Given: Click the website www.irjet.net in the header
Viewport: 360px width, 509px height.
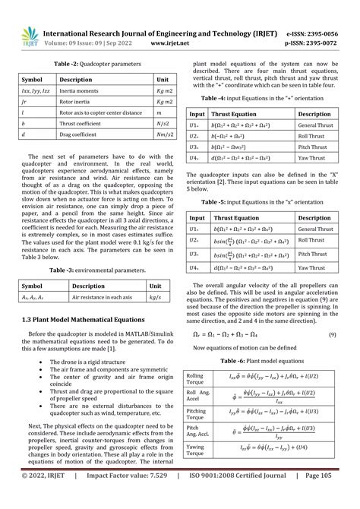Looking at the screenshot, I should point(180,44).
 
